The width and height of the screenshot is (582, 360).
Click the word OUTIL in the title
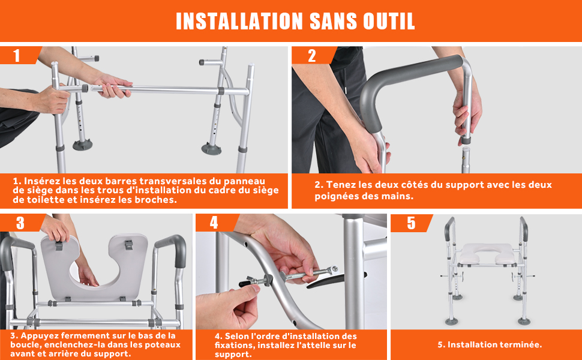(x=389, y=21)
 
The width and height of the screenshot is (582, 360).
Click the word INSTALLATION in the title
(x=239, y=21)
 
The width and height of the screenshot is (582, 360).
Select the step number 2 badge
(x=314, y=55)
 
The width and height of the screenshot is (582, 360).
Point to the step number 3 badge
(x=22, y=223)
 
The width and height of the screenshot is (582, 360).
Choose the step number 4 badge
(x=217, y=223)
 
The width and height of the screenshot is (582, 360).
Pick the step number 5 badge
(x=411, y=223)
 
